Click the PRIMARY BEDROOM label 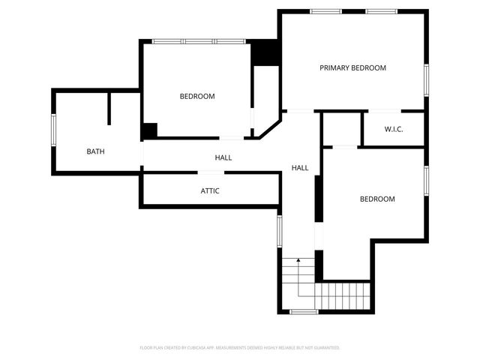coord(352,68)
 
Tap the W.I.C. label coord(394,130)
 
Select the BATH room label coord(95,151)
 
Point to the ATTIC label coord(210,190)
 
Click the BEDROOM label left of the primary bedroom coord(197,96)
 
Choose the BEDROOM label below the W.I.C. coord(376,199)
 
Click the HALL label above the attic coord(223,158)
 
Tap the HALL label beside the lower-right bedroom coord(300,168)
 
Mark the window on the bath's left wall coord(53,131)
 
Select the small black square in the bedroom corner coord(150,130)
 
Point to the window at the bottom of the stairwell coord(304,311)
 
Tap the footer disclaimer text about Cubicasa coord(240,348)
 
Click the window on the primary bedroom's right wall coord(426,78)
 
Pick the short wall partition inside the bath coord(109,109)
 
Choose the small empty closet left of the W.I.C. coord(341,129)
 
